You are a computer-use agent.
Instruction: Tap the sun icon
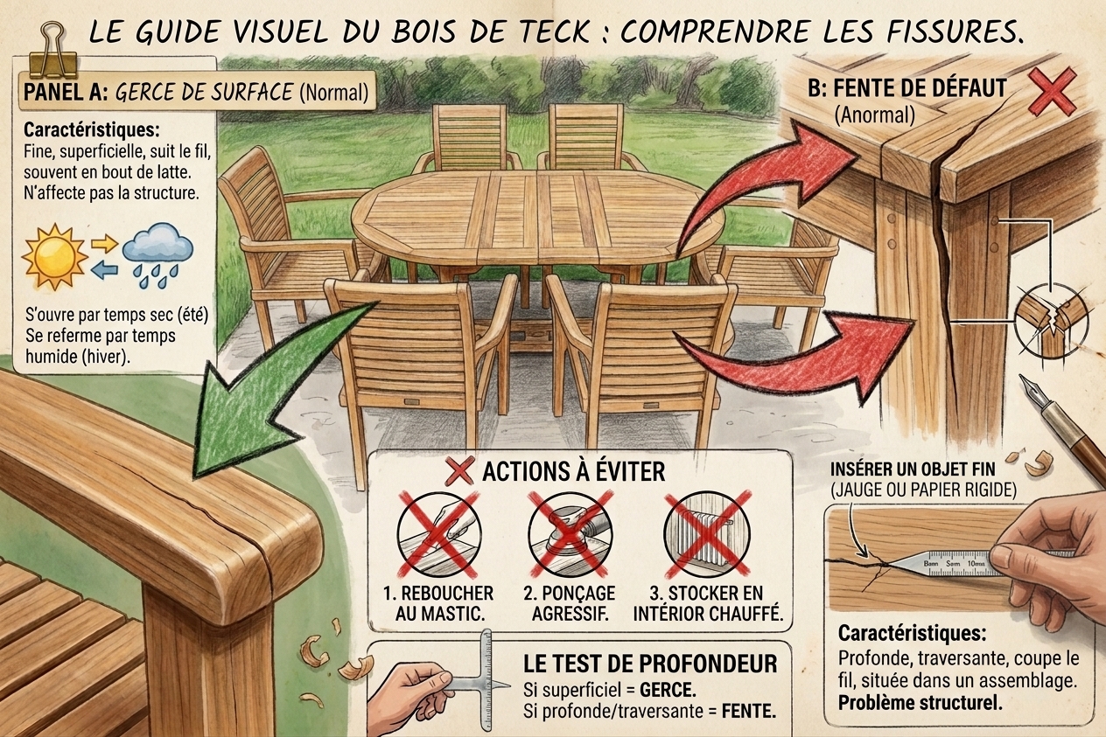click(54, 256)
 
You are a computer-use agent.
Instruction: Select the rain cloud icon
click(157, 254)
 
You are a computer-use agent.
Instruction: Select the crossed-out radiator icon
click(707, 535)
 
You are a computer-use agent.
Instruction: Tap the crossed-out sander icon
click(570, 535)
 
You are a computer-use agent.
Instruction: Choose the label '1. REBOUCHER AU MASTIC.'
click(438, 603)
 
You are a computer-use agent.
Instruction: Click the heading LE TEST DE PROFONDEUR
click(650, 664)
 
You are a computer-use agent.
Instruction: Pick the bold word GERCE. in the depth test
click(668, 690)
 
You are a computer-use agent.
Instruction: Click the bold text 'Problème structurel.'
click(920, 703)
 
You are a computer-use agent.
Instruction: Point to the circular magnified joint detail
click(1052, 321)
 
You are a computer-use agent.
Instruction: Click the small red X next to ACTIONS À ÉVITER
click(459, 471)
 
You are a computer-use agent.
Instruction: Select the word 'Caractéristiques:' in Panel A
click(92, 129)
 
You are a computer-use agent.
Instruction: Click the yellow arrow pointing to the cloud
click(105, 243)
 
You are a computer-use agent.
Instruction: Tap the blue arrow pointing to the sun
click(105, 270)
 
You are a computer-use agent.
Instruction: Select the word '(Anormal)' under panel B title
click(874, 115)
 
